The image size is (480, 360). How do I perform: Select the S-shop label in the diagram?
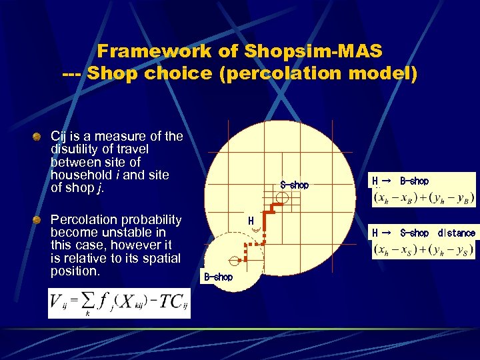tap(294, 185)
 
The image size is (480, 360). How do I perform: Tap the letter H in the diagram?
tap(251, 221)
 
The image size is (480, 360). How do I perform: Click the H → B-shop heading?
tap(400, 181)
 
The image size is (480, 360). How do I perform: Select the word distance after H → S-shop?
tap(457, 233)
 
